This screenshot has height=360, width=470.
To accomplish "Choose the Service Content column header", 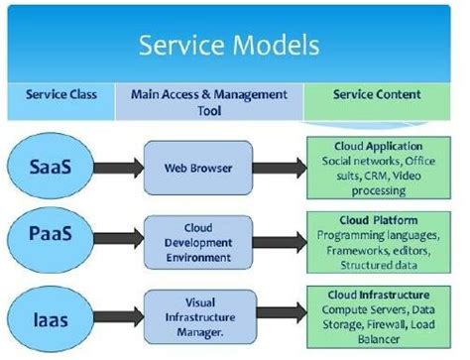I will coord(378,97).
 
